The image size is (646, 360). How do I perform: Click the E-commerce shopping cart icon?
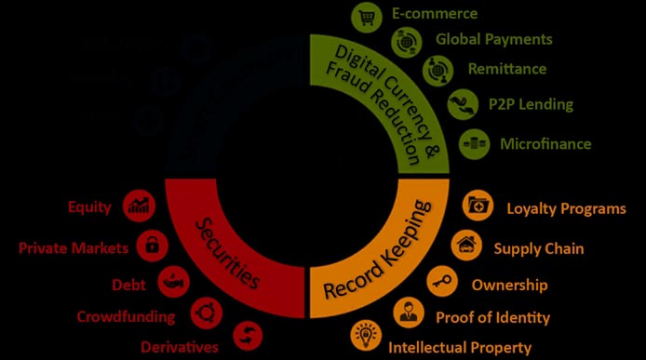coord(364,16)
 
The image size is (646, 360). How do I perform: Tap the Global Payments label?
coord(493,39)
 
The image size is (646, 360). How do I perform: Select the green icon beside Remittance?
coord(437,70)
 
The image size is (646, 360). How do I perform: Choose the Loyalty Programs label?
coord(566,208)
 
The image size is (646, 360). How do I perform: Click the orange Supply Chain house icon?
coord(465,246)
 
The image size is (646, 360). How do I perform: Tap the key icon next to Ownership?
coord(438,280)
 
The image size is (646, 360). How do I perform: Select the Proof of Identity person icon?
coord(409,313)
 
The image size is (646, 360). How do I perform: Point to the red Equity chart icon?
coord(141,206)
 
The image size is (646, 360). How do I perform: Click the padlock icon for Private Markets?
coord(149,246)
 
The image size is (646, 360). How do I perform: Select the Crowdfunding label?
coord(126,316)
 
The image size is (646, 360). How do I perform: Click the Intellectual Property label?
coord(460,348)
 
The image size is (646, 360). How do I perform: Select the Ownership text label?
coord(509,285)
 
